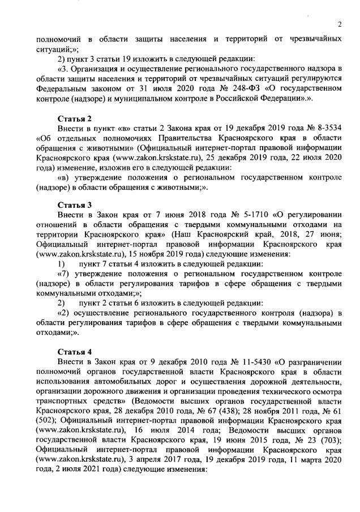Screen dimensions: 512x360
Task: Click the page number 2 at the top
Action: [339, 24]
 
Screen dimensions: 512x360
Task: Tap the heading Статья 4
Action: [75, 348]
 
